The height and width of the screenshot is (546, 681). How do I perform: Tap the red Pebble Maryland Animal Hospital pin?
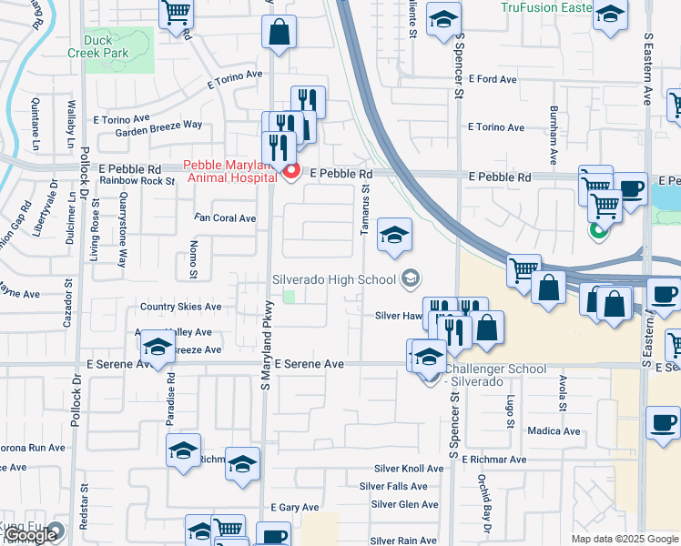coord(291,171)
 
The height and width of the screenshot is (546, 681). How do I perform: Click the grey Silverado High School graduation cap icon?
coord(411,278)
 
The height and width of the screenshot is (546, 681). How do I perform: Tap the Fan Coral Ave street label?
coord(227,218)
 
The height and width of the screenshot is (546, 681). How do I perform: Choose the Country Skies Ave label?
coord(180,308)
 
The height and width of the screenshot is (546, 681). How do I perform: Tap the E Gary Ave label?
coord(295,507)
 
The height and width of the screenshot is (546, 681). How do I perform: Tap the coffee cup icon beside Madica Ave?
coord(662,422)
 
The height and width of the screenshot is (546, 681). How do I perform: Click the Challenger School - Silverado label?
coord(496,375)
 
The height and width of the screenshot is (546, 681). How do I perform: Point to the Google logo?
coord(29,536)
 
